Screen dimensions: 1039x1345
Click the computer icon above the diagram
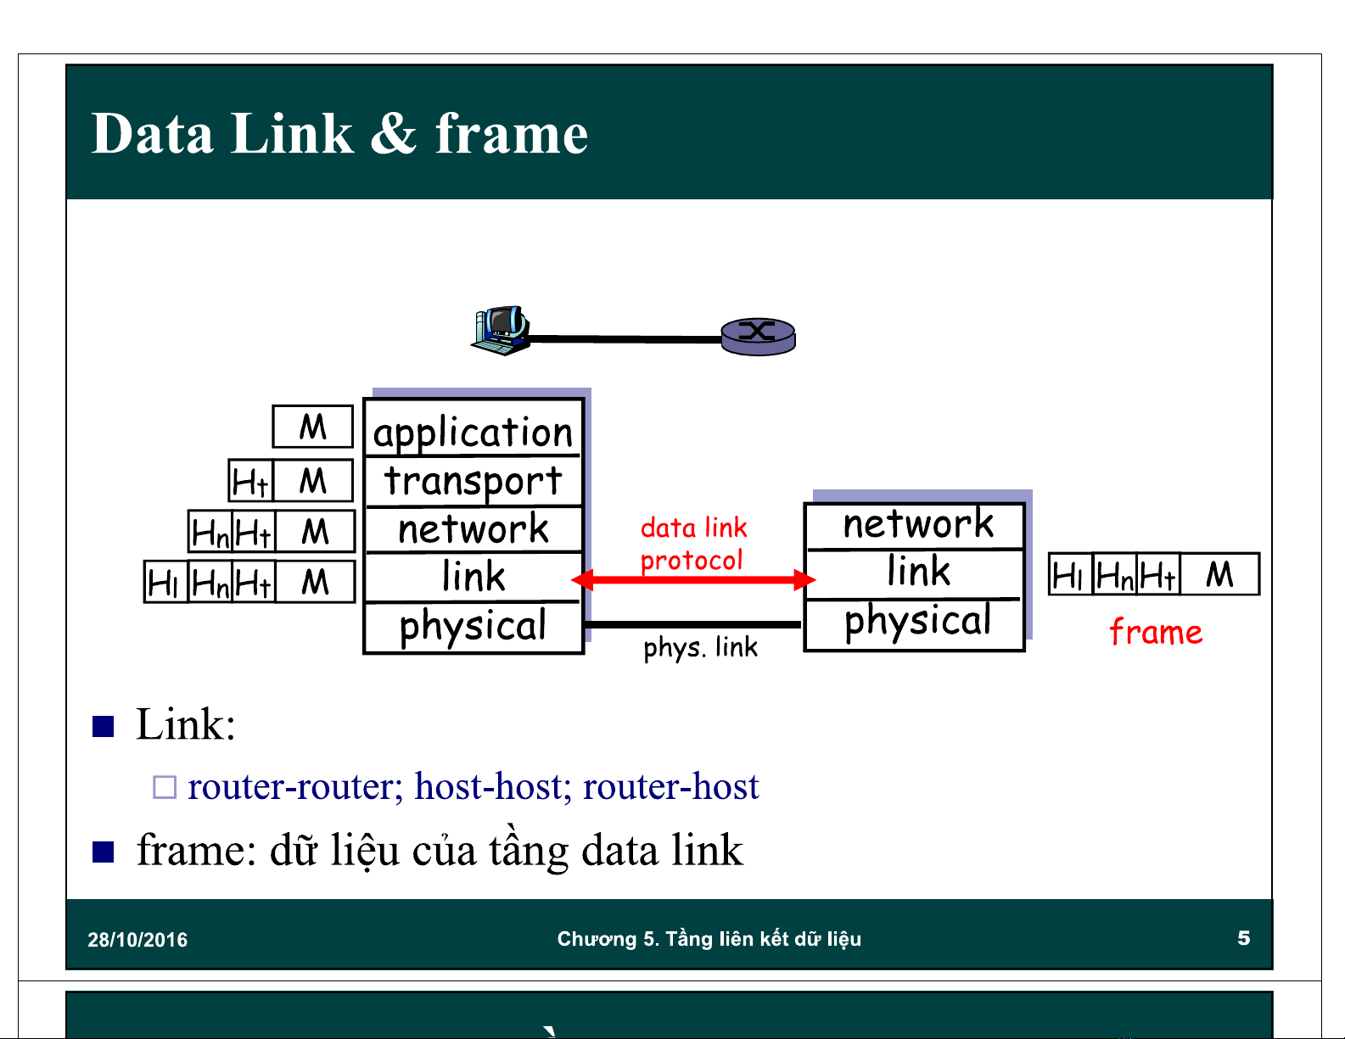[x=501, y=331]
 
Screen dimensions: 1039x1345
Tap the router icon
[x=758, y=336]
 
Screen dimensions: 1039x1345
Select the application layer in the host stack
[x=474, y=432]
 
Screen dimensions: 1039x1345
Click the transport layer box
[x=474, y=481]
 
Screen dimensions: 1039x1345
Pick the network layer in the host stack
[x=474, y=529]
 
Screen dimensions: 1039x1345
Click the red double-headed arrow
[x=693, y=580]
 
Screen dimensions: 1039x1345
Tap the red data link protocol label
[x=692, y=544]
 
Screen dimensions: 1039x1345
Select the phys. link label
[x=700, y=648]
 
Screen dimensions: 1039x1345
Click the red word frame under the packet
[x=1156, y=633]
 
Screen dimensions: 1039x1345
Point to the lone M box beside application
[x=312, y=427]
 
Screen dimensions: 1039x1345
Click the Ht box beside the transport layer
[x=251, y=482]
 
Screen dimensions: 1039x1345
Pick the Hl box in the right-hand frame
[x=1069, y=575]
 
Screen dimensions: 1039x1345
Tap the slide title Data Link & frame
[x=339, y=134]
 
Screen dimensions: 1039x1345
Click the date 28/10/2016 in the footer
[x=137, y=940]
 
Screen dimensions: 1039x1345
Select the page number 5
[x=1243, y=938]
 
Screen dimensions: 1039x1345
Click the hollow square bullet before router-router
[x=164, y=787]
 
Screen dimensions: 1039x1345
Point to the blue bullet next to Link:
[x=104, y=726]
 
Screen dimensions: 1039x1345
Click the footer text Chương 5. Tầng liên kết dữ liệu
[x=709, y=939]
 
